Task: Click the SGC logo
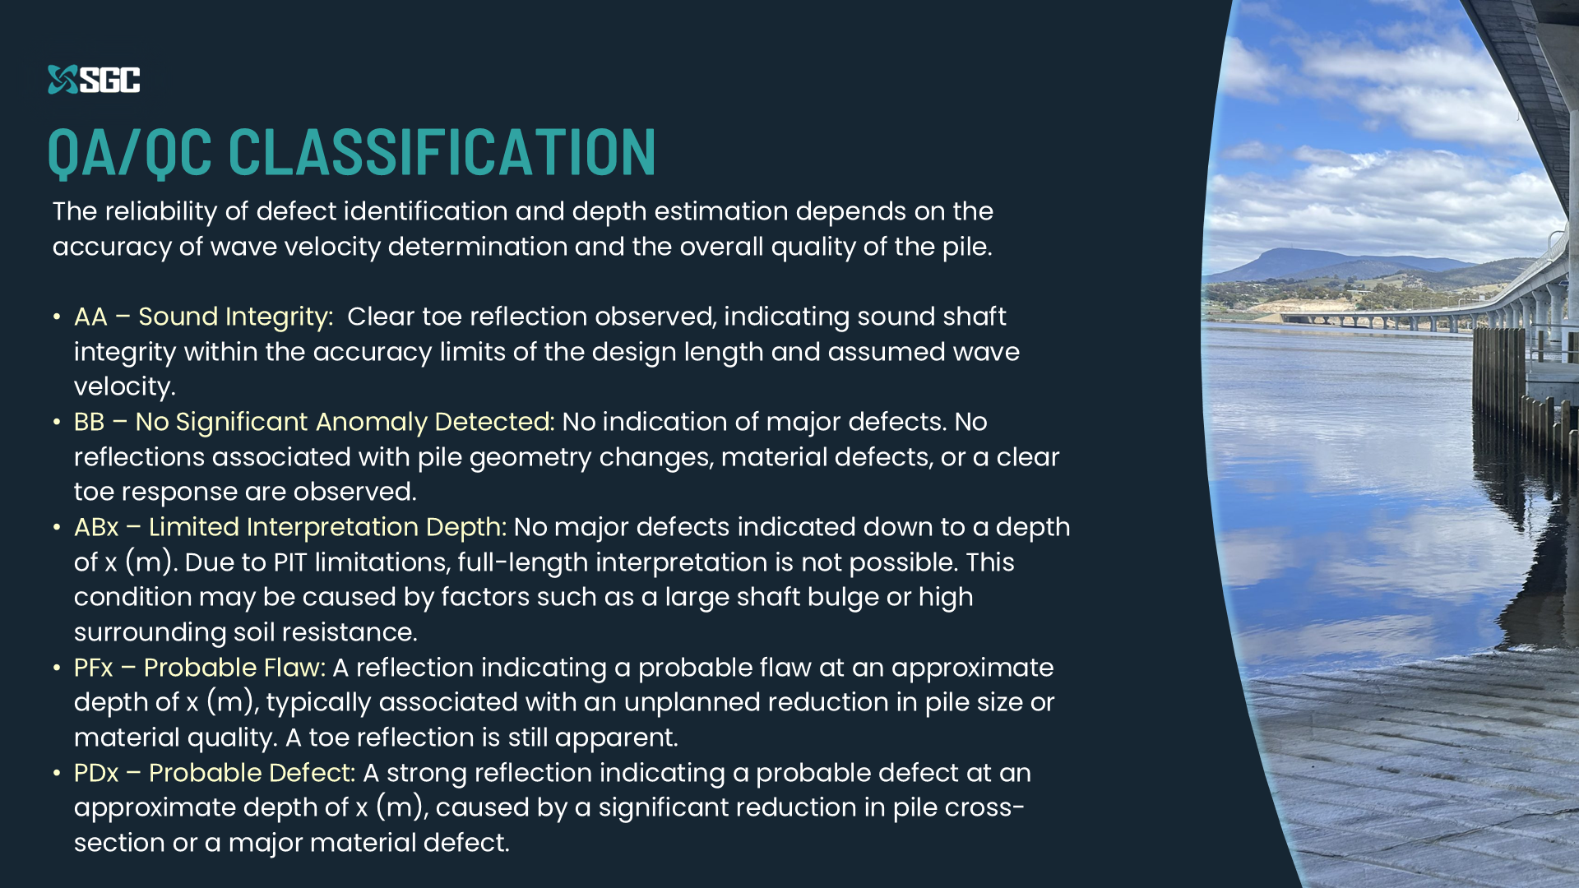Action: pos(94,80)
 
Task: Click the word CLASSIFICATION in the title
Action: pos(442,153)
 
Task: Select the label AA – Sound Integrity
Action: pos(204,317)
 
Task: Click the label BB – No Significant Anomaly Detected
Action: pos(314,423)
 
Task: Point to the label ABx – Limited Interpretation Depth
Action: pos(290,528)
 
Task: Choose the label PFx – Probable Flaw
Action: pos(200,668)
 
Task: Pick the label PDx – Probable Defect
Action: pos(215,773)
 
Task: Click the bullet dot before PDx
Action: pos(57,774)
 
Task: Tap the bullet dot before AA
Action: pos(57,317)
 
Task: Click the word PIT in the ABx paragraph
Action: pos(290,562)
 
